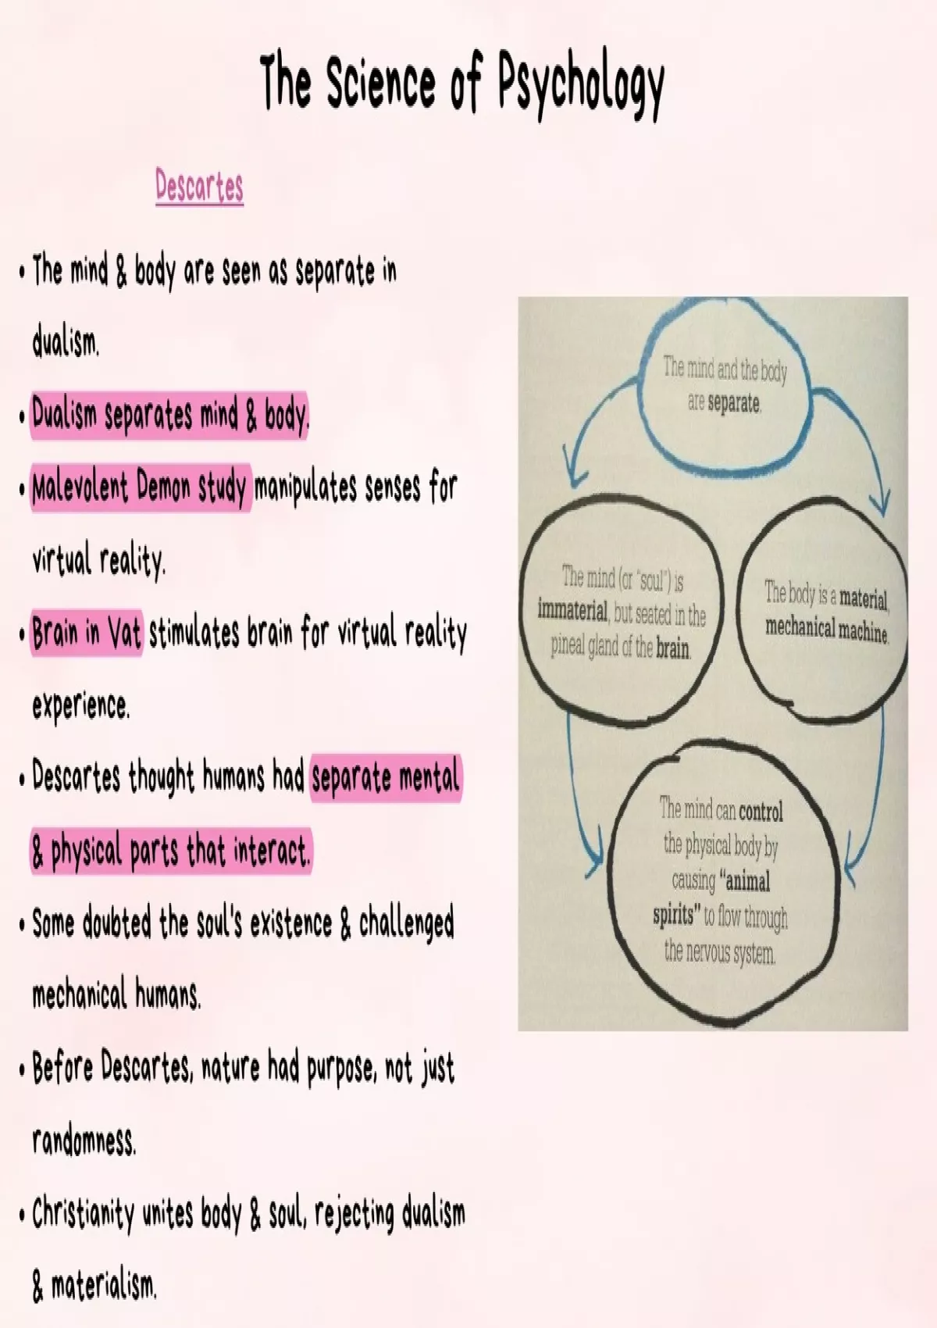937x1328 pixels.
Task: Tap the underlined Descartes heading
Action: pos(199,187)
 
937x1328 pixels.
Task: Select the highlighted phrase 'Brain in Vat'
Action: pos(87,632)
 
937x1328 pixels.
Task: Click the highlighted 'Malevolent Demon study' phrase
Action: pos(139,487)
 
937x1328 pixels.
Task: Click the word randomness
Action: pos(84,1141)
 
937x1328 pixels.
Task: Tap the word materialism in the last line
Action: pos(104,1285)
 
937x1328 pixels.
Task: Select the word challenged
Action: pos(406,924)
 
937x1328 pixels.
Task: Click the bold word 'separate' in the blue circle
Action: pos(734,403)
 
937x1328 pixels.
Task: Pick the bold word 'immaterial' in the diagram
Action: pos(572,610)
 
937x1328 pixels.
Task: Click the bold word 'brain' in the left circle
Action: pos(672,648)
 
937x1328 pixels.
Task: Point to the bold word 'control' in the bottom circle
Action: pos(761,812)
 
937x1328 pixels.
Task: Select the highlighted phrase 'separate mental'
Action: pos(386,778)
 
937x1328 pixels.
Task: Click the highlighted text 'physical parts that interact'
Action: pos(180,851)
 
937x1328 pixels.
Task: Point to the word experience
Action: pos(80,705)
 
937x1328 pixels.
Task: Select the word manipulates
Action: pos(305,488)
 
